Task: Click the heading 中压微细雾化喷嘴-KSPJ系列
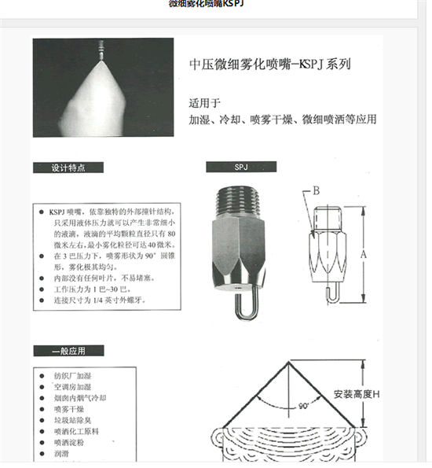(269, 65)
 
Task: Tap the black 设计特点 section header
(70, 168)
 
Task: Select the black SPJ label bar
(241, 168)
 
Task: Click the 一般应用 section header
(69, 351)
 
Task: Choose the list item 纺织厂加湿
(73, 377)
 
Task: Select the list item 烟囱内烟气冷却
(79, 399)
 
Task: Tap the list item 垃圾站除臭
(73, 421)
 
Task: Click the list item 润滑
(62, 454)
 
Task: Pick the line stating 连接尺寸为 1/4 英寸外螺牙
(100, 300)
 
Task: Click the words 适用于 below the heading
(206, 103)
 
